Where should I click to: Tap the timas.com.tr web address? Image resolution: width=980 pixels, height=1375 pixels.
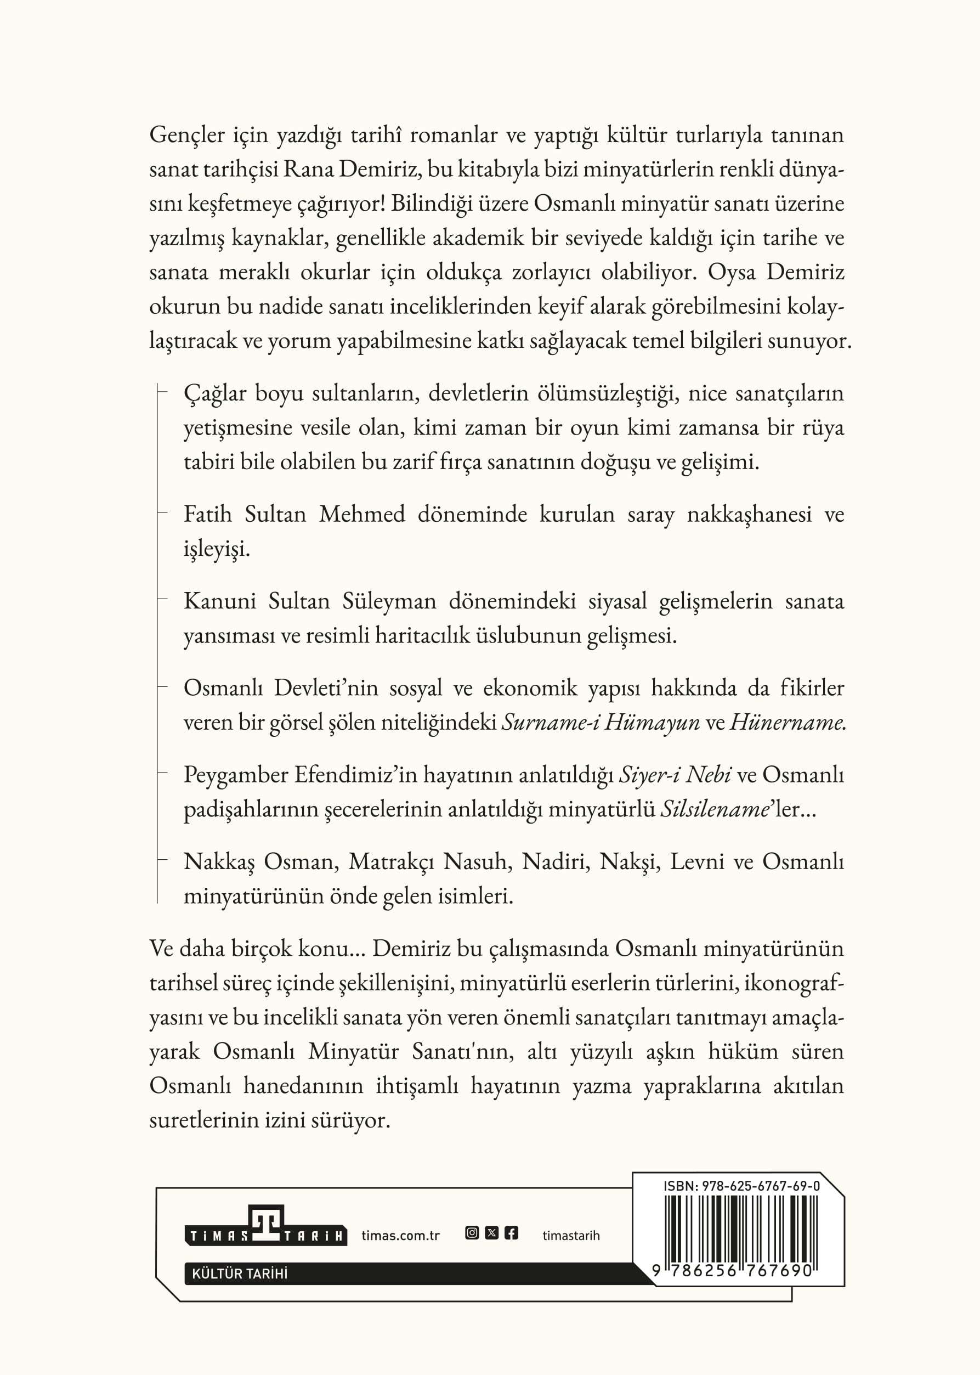(401, 1235)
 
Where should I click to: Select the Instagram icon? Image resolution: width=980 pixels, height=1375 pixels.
(472, 1232)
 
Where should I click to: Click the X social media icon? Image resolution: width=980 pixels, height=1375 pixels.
(492, 1232)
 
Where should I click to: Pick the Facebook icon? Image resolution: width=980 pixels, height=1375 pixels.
(511, 1232)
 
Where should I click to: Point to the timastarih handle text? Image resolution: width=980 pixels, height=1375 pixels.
(571, 1236)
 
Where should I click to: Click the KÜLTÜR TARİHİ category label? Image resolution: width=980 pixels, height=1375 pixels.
(240, 1273)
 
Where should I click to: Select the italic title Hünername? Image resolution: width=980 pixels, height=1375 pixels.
(787, 722)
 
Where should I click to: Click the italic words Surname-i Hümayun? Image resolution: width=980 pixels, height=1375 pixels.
(601, 722)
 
